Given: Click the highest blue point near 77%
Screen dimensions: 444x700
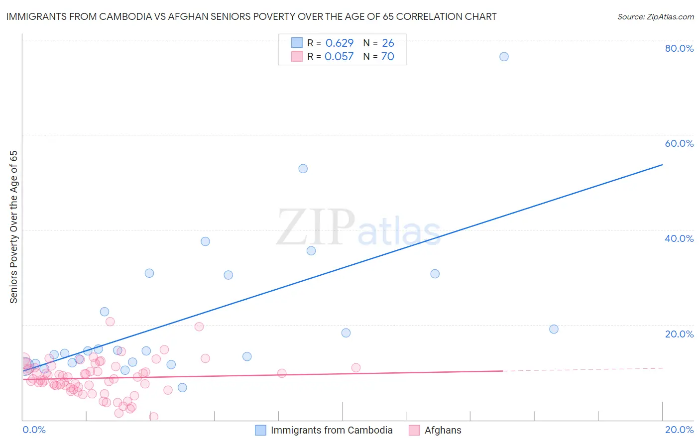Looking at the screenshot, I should click(x=504, y=57).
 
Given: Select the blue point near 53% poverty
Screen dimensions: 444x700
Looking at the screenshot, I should click(x=303, y=169).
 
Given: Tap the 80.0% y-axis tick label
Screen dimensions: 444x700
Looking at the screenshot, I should click(x=679, y=48).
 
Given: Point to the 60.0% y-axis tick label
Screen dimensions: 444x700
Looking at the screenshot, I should click(x=679, y=143).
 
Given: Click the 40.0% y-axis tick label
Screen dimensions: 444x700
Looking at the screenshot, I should click(x=679, y=238).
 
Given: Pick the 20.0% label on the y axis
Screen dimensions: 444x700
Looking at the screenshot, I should click(x=679, y=334).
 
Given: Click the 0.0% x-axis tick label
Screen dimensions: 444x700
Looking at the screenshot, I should click(x=34, y=430).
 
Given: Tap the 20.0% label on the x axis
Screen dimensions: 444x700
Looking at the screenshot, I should click(x=679, y=430).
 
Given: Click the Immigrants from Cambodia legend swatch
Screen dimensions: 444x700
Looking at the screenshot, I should click(x=260, y=430).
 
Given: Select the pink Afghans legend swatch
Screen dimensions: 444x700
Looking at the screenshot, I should click(x=414, y=430).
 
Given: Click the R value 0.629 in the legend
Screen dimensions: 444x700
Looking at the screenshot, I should click(x=339, y=43).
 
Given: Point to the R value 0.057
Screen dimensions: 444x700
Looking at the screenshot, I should click(x=339, y=57).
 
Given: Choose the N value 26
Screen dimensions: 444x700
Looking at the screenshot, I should click(x=388, y=43).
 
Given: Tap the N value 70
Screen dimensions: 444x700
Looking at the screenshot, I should click(x=387, y=57).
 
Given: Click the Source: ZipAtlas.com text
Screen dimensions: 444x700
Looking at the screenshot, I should click(x=655, y=17).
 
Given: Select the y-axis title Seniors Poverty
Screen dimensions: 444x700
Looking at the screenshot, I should click(x=14, y=226).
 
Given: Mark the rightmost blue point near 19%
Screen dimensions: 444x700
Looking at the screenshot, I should click(x=554, y=329).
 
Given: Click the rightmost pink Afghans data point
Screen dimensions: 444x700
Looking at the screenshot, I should click(x=356, y=368).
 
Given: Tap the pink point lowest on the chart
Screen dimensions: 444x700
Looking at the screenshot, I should click(x=154, y=417).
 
